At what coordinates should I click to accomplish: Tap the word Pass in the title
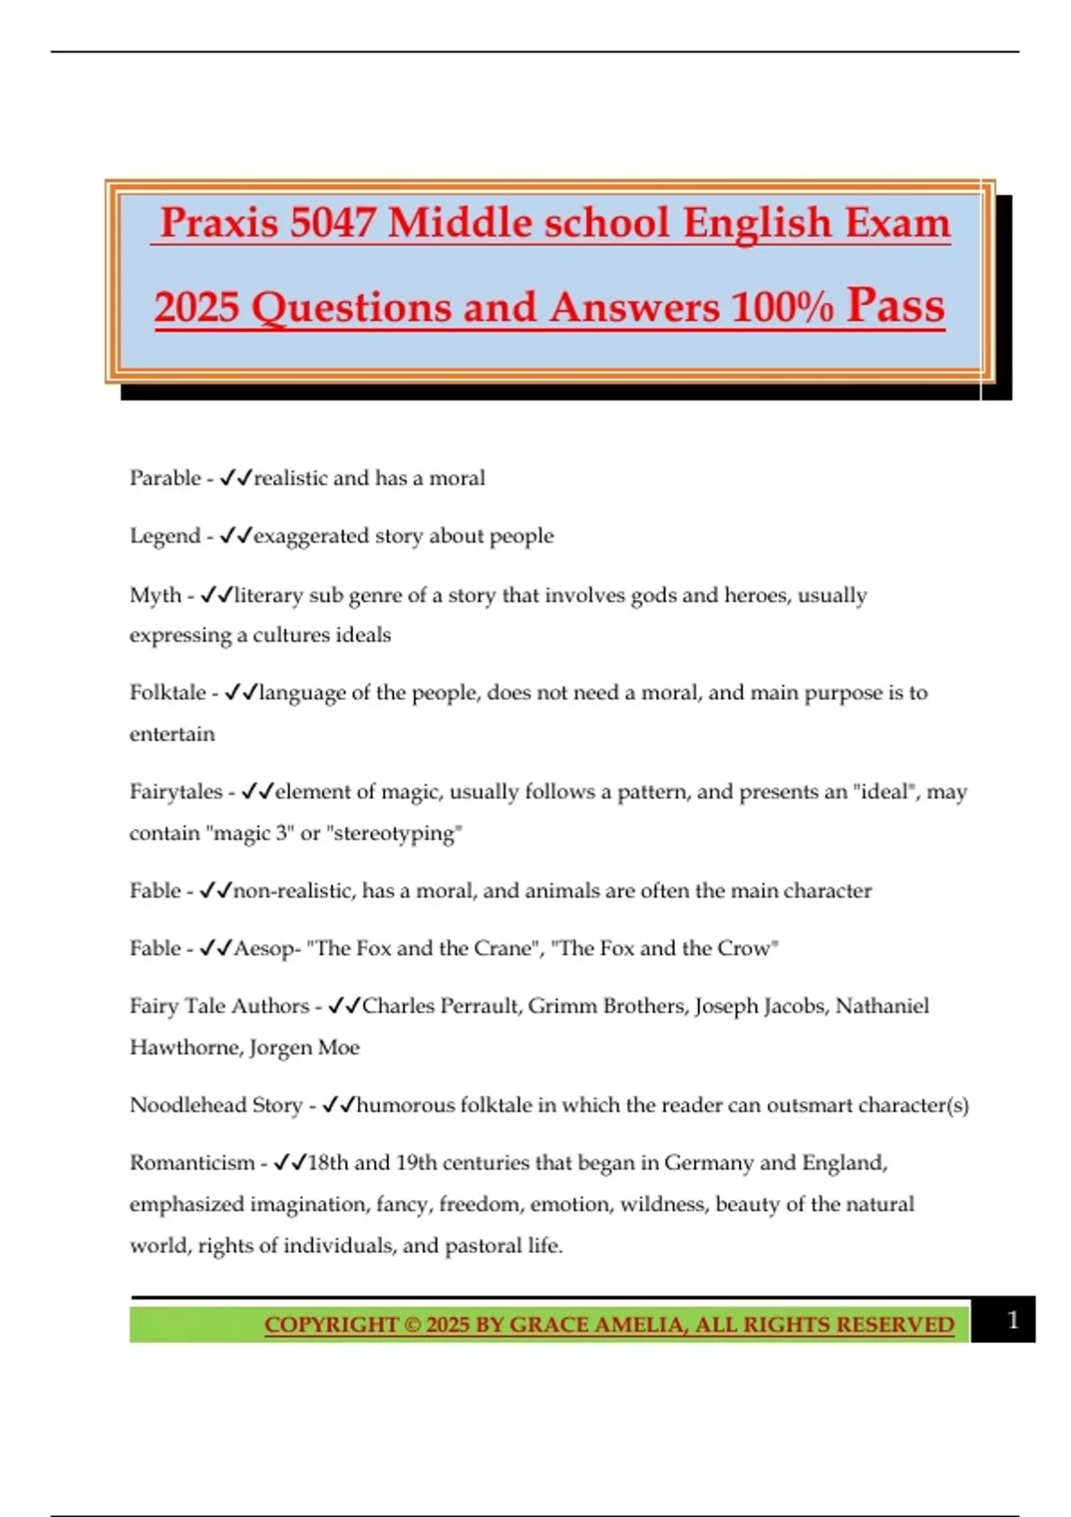[895, 305]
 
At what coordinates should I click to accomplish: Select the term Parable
[165, 478]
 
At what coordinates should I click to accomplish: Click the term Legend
[165, 536]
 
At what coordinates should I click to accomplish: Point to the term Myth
[155, 595]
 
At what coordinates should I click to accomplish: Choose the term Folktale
[168, 693]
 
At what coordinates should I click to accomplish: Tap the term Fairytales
[176, 792]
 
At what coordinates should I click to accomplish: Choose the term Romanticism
[192, 1164]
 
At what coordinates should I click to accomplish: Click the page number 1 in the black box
[1012, 1320]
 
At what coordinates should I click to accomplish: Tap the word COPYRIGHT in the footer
[331, 1325]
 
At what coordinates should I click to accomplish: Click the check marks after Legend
[236, 536]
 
